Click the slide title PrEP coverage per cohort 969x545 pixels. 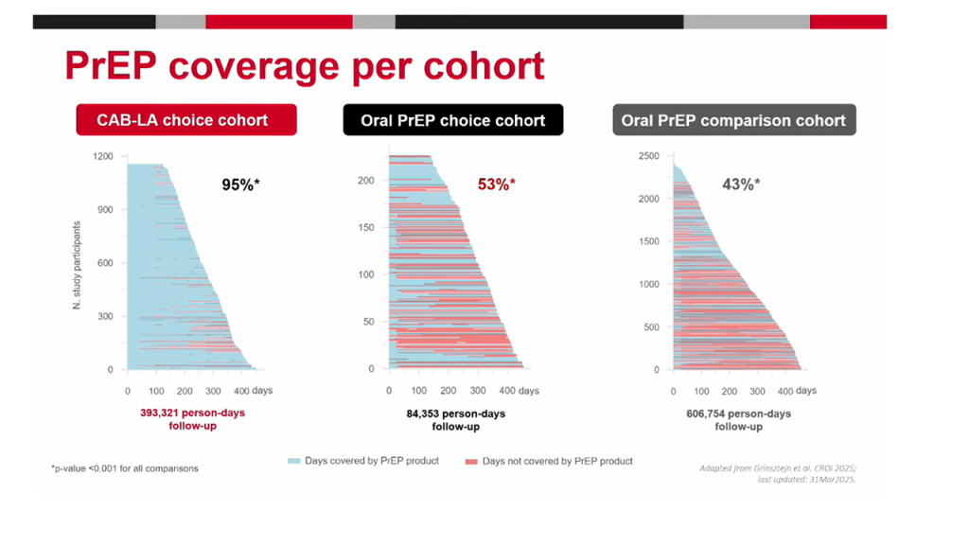point(304,65)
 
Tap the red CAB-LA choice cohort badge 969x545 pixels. point(186,120)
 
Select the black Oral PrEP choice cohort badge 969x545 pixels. point(452,120)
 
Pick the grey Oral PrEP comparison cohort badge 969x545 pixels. point(733,120)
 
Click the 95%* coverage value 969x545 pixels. point(240,185)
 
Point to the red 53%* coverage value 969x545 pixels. point(495,185)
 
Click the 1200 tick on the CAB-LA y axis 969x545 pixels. point(103,156)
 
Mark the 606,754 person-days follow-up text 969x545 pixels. point(738,419)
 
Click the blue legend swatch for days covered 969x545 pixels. point(293,461)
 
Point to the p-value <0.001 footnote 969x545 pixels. point(125,468)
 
